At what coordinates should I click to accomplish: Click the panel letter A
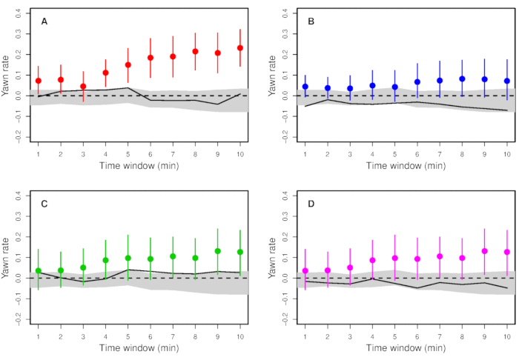[44, 21]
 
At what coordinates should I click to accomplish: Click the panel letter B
[311, 21]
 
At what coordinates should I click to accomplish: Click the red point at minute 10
[240, 48]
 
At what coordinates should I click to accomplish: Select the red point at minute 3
[83, 87]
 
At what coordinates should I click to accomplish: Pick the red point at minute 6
[151, 58]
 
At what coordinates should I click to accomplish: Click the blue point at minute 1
[305, 87]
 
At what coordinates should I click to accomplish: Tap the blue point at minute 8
[462, 79]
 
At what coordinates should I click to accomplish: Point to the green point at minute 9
[218, 251]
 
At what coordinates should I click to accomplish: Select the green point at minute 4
[105, 260]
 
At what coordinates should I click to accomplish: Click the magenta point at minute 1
[305, 271]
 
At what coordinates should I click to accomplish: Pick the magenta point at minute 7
[440, 256]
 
